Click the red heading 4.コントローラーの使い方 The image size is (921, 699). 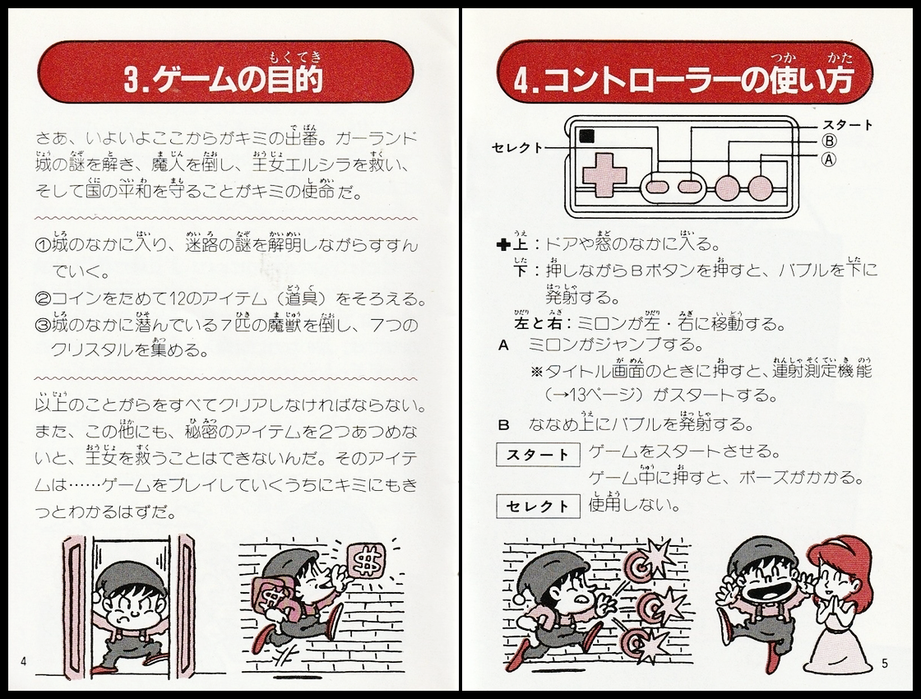pos(684,80)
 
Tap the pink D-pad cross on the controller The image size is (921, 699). pos(604,173)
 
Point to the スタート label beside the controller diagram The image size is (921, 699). pos(847,125)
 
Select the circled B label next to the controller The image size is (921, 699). pos(828,141)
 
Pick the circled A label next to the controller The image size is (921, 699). pos(828,160)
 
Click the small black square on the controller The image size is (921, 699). pos(586,137)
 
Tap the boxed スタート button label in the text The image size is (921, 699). pos(537,454)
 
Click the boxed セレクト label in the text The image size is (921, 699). pos(537,506)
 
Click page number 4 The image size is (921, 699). pos(24,661)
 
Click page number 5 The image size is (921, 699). pos(884,662)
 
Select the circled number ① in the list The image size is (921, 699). pos(44,245)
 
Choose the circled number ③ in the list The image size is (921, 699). pos(44,324)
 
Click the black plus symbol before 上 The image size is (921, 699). pos(504,244)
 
